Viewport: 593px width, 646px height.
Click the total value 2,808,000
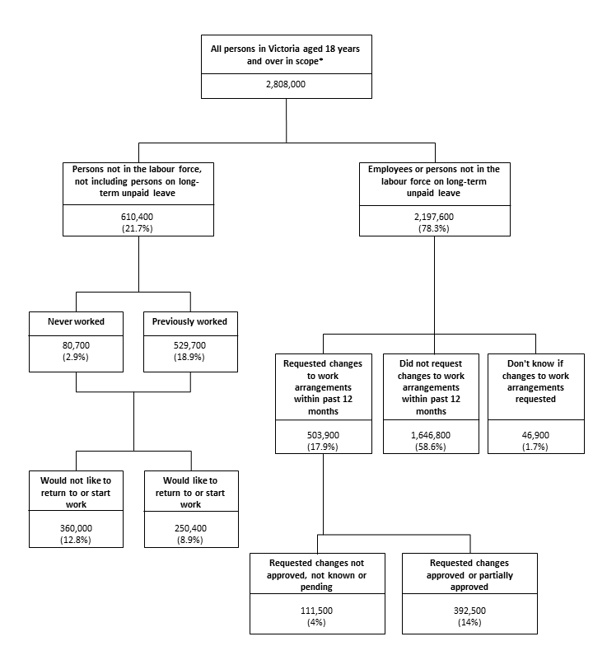coord(287,84)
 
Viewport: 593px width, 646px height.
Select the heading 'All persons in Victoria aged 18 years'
coord(286,49)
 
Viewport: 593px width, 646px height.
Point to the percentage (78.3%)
coord(435,228)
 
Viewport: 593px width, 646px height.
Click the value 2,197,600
coord(435,217)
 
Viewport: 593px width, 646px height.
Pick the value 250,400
coord(190,528)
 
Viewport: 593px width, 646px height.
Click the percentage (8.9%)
coord(190,540)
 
